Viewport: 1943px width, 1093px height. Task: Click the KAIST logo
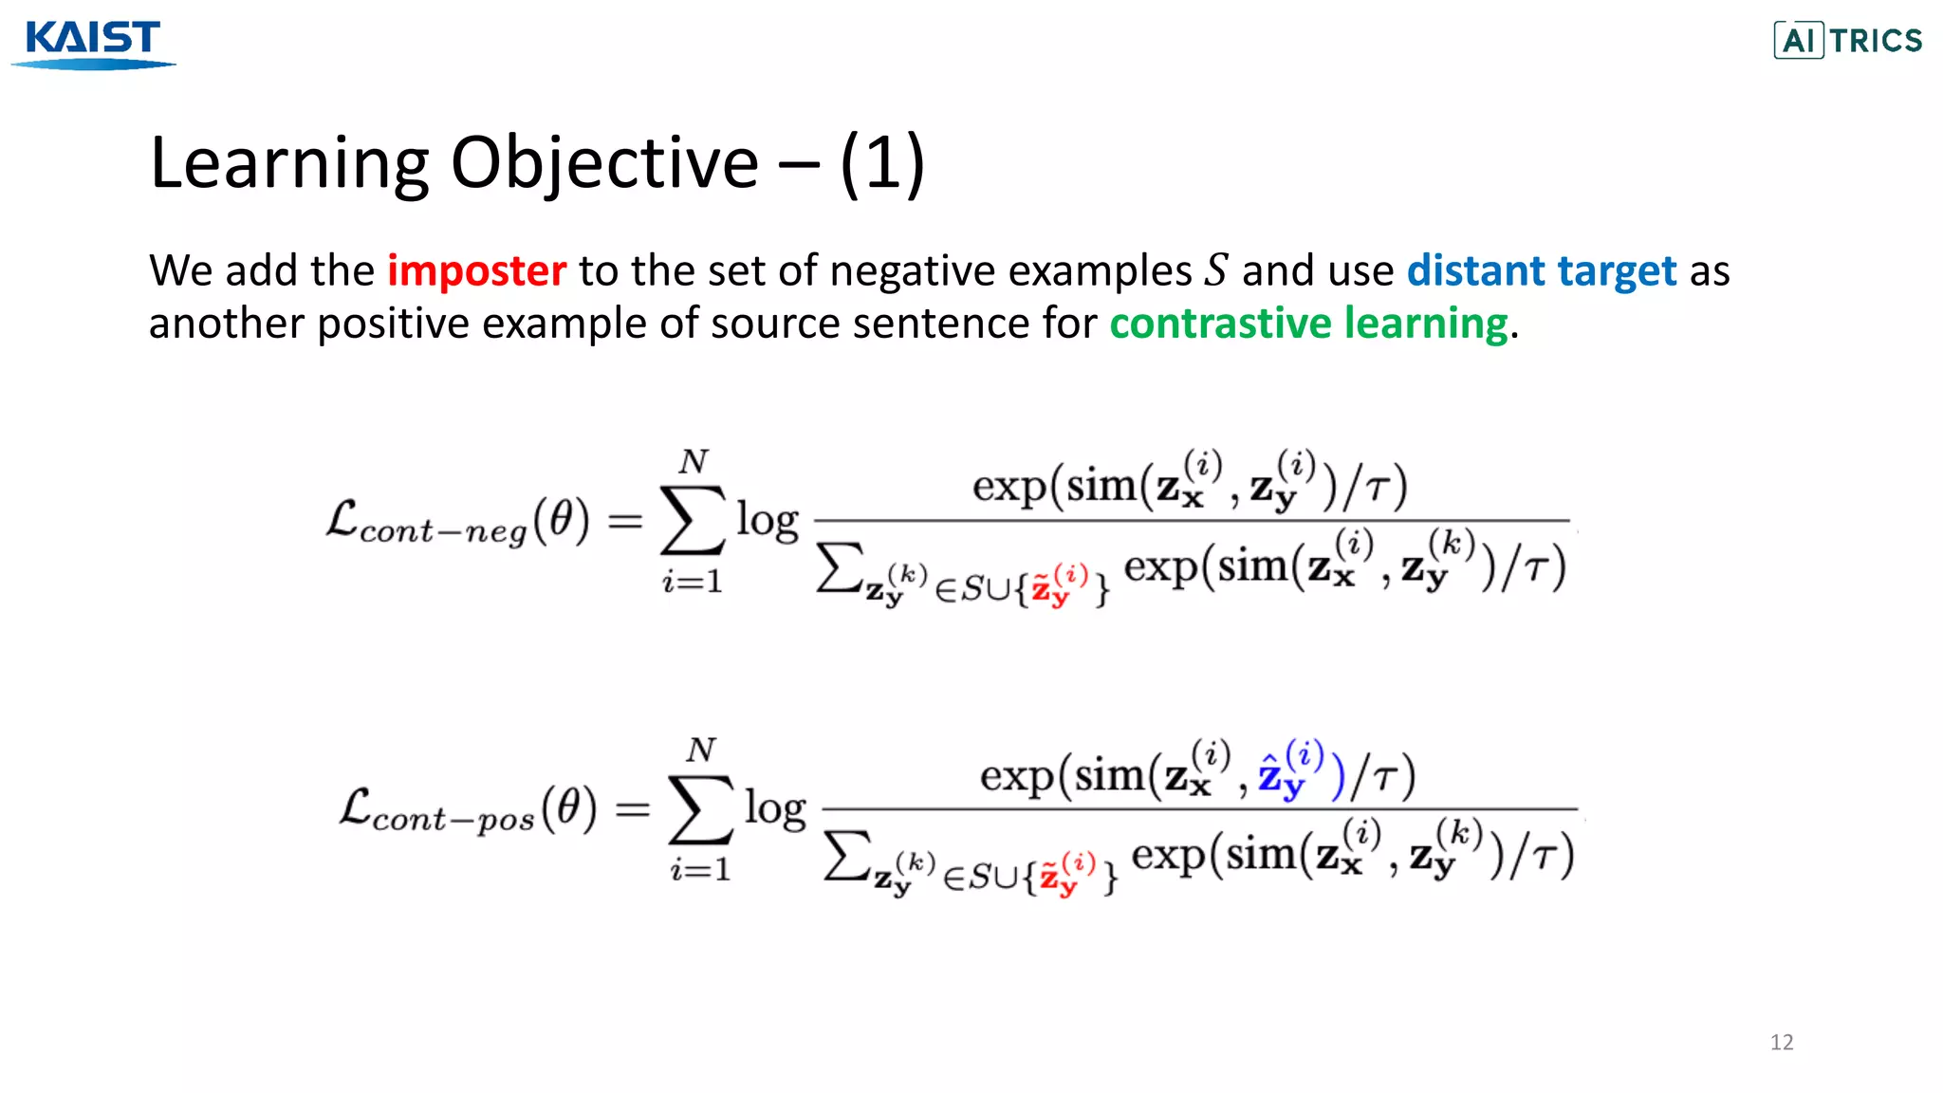93,44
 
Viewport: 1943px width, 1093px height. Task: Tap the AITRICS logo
1847,41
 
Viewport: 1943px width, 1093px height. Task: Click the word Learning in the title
289,163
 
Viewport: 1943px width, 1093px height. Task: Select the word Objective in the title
604,163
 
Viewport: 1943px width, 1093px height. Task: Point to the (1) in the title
882,163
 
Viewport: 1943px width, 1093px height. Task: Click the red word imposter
476,271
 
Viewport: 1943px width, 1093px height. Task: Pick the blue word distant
1476,271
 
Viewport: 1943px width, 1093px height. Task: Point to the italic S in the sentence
1216,271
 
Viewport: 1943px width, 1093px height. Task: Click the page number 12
1781,1042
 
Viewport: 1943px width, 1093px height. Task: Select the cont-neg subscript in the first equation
443,531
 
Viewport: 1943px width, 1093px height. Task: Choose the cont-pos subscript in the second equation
453,820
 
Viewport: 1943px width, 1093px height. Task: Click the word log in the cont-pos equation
775,809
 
